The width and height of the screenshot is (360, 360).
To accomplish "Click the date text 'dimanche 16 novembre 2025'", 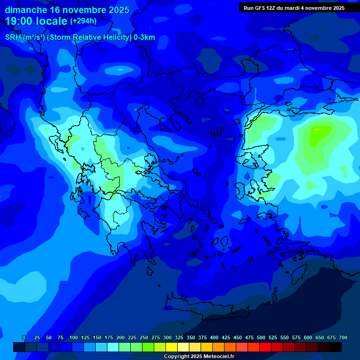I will (x=67, y=10).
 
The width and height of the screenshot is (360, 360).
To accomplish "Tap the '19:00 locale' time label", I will (x=36, y=21).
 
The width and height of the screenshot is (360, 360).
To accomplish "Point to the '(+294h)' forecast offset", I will (x=83, y=21).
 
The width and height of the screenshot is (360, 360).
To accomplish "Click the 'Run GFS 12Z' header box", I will (x=294, y=7).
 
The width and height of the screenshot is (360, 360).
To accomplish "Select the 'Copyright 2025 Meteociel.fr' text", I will (x=199, y=357).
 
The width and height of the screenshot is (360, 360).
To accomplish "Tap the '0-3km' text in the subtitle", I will (x=144, y=38).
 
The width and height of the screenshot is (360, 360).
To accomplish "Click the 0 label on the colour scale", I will (x=24, y=338).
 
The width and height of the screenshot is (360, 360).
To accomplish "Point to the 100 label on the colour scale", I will (x=74, y=338).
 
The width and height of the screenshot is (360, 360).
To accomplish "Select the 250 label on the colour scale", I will (x=144, y=338).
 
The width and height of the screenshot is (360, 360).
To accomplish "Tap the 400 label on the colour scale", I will (x=214, y=338).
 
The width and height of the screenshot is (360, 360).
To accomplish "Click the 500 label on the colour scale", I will (x=261, y=338).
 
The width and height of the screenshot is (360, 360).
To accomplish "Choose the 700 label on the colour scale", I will (x=343, y=338).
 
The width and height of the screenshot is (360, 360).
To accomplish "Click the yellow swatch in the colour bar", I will (x=172, y=347).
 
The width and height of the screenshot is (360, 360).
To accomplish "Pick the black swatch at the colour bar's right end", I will (x=336, y=347).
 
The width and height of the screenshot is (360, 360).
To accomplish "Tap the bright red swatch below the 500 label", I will (x=265, y=347).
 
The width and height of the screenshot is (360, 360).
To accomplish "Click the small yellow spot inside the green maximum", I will (x=317, y=129).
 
